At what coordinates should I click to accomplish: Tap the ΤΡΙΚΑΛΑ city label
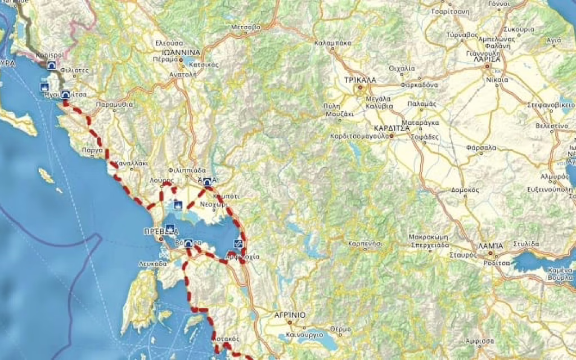point(359,80)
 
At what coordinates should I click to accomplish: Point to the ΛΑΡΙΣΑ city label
point(487,58)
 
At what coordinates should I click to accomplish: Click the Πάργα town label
point(92,151)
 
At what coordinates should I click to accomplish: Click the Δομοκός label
point(465,190)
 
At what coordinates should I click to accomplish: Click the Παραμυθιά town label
point(114,105)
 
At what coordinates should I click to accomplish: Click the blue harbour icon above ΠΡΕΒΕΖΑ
point(170,228)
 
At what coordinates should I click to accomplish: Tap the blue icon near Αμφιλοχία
point(238,244)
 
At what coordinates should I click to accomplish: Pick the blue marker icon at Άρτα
point(208,182)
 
